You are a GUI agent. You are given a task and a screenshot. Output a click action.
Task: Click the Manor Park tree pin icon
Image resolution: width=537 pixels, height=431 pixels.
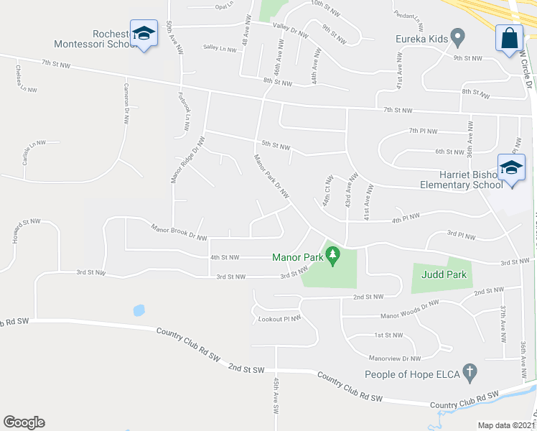(332, 255)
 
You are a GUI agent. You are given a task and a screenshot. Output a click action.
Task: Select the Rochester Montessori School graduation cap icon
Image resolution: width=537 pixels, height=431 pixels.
(144, 34)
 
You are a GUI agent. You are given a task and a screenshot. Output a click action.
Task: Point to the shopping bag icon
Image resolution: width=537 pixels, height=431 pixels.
(509, 37)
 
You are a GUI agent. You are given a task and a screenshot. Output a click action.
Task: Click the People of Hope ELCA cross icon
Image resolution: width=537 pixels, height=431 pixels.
(470, 374)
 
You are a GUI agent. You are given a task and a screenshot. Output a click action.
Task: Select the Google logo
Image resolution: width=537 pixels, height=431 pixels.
(24, 422)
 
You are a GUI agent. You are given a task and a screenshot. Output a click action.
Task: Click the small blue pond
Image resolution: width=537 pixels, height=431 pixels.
(139, 310)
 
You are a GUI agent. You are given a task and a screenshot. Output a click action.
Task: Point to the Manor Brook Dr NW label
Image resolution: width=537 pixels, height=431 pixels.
(179, 233)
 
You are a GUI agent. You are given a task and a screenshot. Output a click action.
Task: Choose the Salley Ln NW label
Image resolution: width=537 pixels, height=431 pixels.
(220, 48)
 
